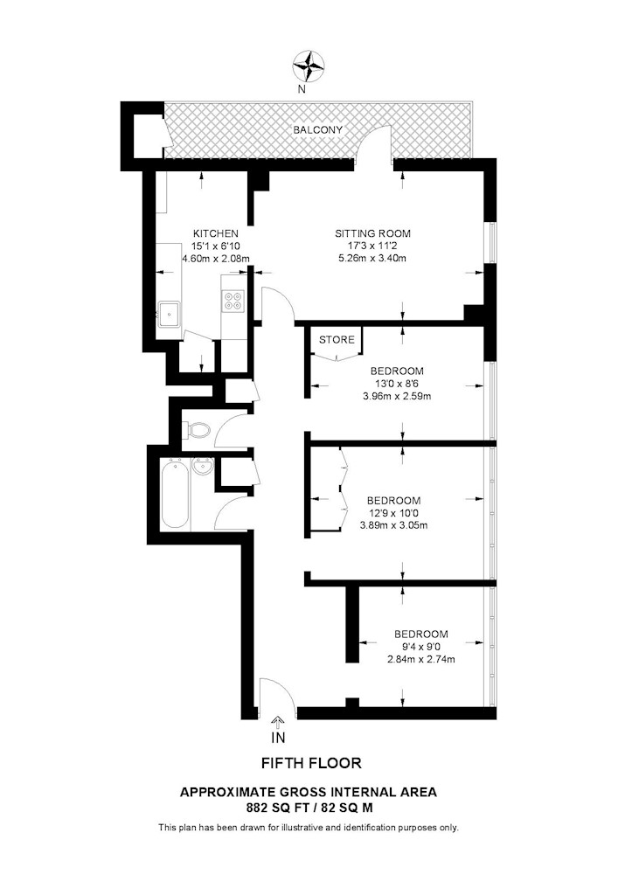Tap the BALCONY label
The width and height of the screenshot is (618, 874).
[317, 130]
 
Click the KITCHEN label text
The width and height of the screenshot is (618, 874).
[215, 233]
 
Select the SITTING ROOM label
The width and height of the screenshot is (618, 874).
[372, 233]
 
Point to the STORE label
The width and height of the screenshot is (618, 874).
[337, 340]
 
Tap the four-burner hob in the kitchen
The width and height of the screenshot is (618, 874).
[233, 302]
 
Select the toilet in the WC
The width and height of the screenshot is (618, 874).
[196, 430]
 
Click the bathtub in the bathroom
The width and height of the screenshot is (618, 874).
[174, 496]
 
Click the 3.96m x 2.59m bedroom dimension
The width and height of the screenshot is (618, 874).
[397, 396]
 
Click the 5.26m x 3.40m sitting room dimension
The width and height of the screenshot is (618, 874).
[373, 259]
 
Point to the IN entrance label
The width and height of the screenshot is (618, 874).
[279, 739]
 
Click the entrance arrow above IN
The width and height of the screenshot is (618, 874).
[279, 722]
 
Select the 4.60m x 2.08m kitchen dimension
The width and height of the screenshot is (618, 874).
[215, 259]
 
